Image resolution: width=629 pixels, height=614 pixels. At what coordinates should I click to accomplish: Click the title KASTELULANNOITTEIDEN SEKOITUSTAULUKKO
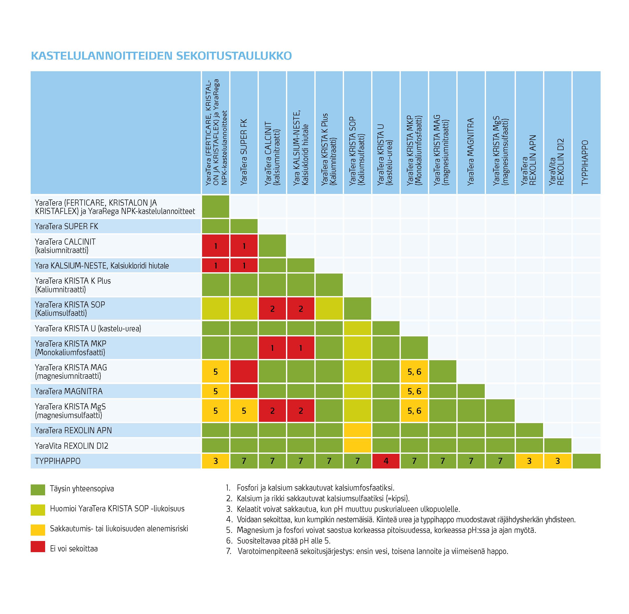[161, 56]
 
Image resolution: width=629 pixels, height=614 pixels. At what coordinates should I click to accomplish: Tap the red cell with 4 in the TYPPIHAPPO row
[386, 461]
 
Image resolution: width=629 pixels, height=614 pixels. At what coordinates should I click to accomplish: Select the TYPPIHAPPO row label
[58, 461]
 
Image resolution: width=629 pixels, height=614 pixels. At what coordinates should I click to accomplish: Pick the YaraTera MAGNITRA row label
[69, 391]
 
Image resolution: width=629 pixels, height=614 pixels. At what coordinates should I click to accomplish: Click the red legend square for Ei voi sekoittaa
[38, 546]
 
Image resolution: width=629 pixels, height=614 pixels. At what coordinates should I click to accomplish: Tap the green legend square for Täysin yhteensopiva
[38, 490]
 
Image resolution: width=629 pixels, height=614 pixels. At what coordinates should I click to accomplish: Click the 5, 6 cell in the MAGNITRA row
[414, 391]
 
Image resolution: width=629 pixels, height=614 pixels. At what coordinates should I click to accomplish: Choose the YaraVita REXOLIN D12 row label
[71, 446]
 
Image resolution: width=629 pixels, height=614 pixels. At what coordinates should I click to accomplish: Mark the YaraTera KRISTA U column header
[385, 155]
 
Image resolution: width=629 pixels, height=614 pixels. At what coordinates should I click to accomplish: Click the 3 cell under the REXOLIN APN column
[529, 461]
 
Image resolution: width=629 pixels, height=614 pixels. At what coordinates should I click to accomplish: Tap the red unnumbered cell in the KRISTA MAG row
[244, 371]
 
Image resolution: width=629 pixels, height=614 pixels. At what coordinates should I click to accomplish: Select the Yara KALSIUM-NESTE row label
[102, 265]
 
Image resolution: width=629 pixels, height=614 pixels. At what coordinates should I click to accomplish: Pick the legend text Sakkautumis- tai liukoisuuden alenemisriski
[119, 529]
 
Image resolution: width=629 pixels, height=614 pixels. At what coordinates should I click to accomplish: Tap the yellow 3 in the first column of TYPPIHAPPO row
[215, 461]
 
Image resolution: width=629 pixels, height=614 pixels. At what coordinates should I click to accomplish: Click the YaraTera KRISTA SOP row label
[70, 309]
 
